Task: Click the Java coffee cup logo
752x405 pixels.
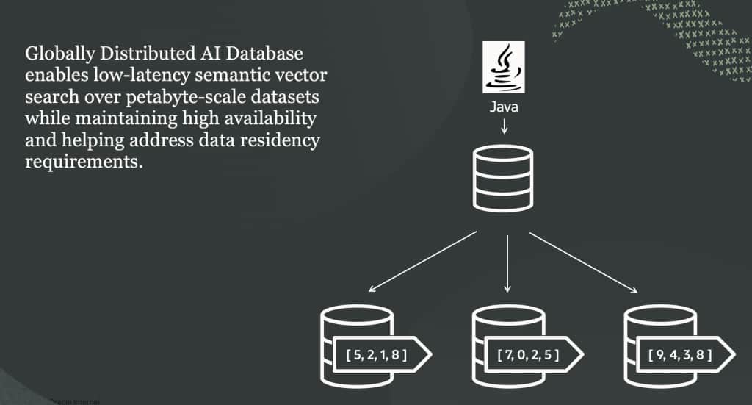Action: pyautogui.click(x=503, y=68)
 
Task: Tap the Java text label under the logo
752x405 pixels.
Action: pyautogui.click(x=503, y=107)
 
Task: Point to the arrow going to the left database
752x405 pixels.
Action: pyautogui.click(x=423, y=262)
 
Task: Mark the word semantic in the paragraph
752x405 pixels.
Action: pyautogui.click(x=232, y=76)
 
